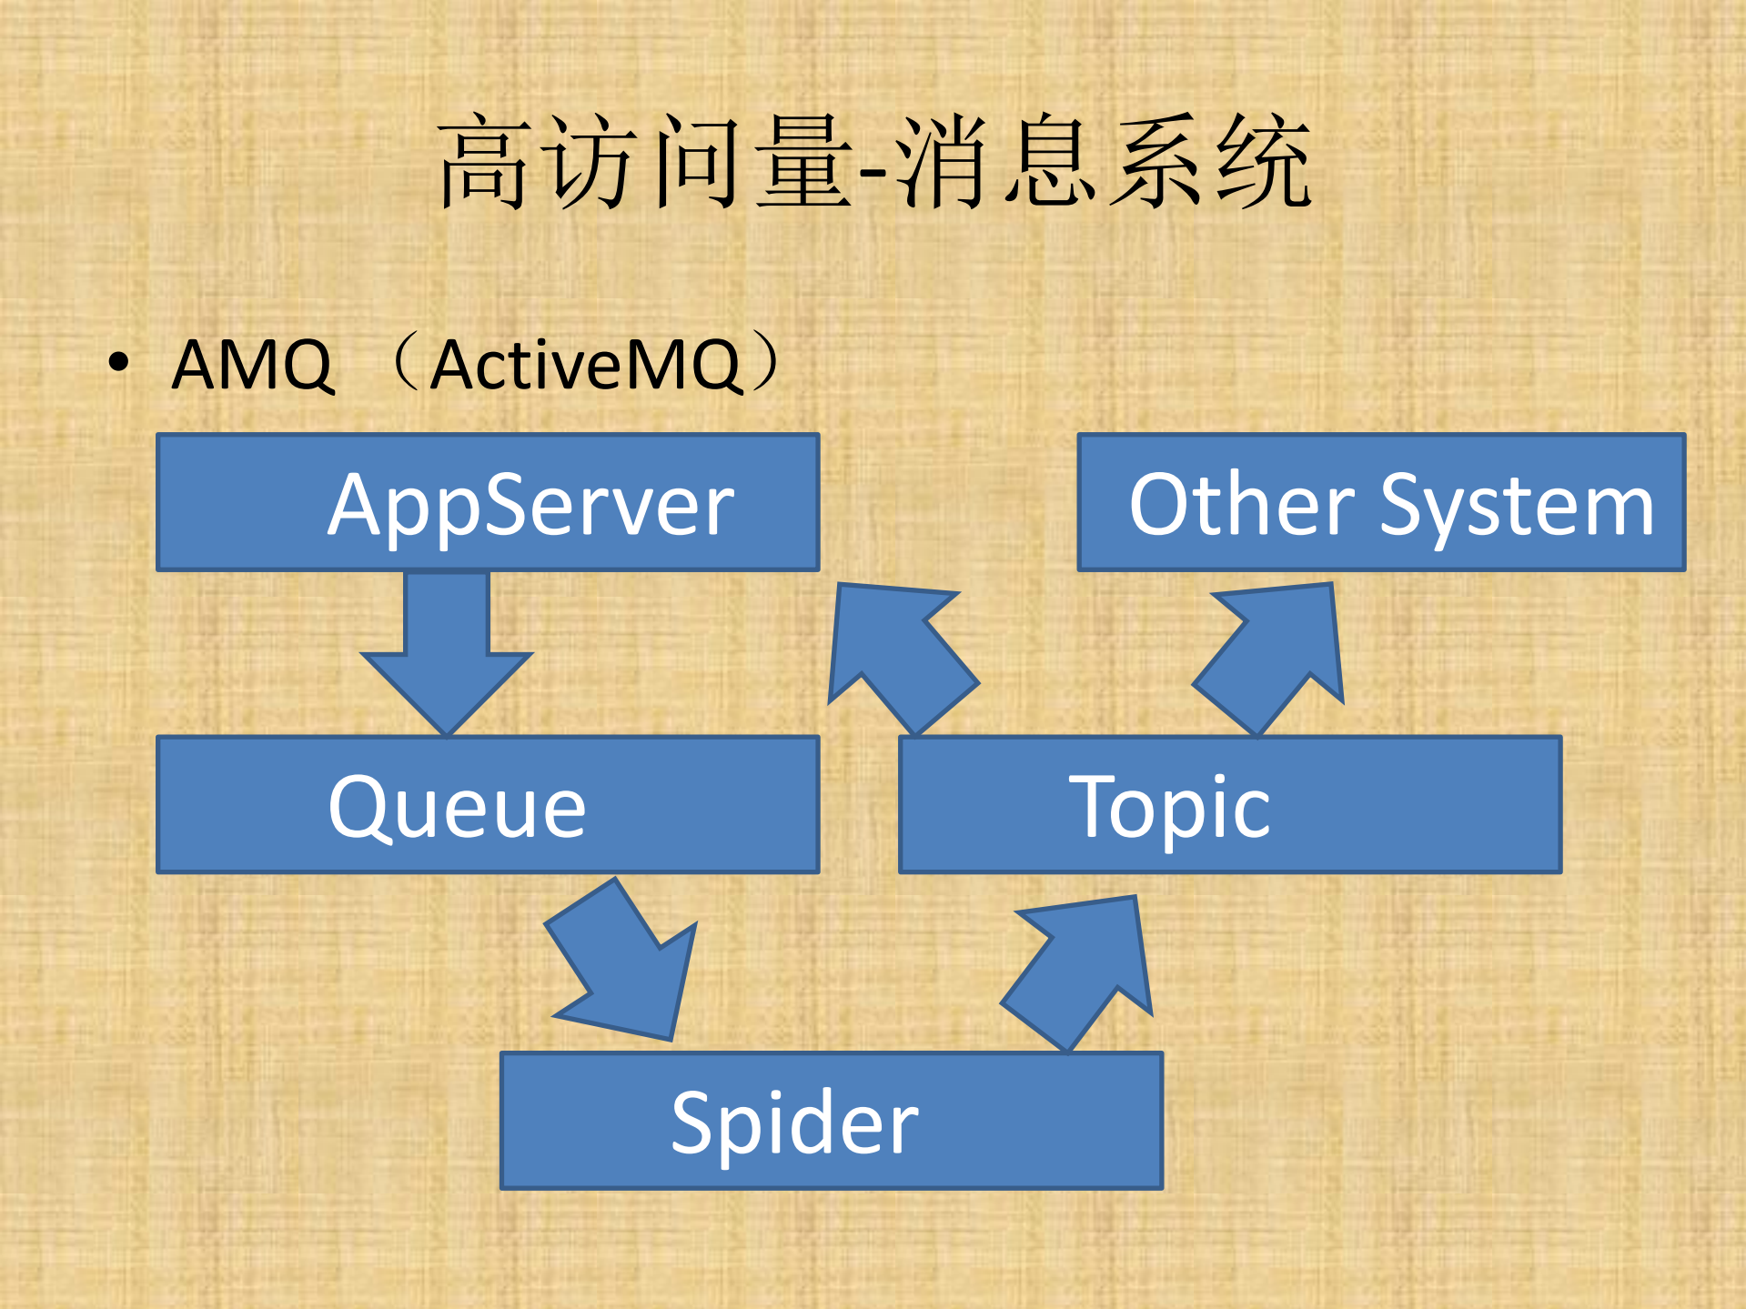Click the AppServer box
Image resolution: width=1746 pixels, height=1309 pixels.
[488, 502]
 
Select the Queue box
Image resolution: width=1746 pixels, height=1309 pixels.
[488, 805]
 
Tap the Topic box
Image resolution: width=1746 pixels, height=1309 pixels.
[1230, 805]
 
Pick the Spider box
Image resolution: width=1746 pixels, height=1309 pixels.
[832, 1121]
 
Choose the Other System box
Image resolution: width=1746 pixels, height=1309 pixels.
[1381, 502]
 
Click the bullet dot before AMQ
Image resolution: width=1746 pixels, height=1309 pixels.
[118, 362]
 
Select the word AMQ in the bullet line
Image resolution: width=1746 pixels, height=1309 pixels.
[253, 365]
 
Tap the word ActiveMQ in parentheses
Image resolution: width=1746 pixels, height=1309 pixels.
[587, 365]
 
